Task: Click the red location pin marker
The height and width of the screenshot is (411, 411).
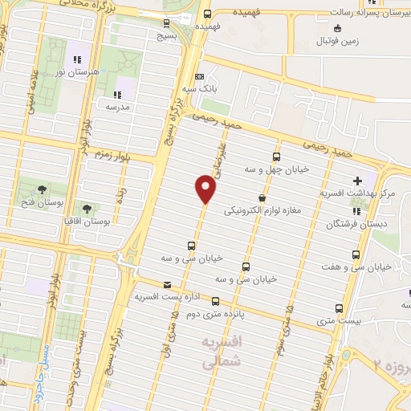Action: (206, 189)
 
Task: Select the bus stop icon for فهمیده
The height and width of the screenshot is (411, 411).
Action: (207, 14)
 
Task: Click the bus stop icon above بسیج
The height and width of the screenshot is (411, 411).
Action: (166, 24)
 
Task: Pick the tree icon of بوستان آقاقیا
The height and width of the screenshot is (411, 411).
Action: (86, 208)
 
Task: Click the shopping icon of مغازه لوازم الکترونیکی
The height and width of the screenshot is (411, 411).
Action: (262, 197)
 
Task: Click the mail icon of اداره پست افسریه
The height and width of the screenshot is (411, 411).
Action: (167, 285)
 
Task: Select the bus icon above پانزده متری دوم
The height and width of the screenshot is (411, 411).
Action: (214, 301)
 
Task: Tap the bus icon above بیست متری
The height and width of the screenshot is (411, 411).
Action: (338, 307)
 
